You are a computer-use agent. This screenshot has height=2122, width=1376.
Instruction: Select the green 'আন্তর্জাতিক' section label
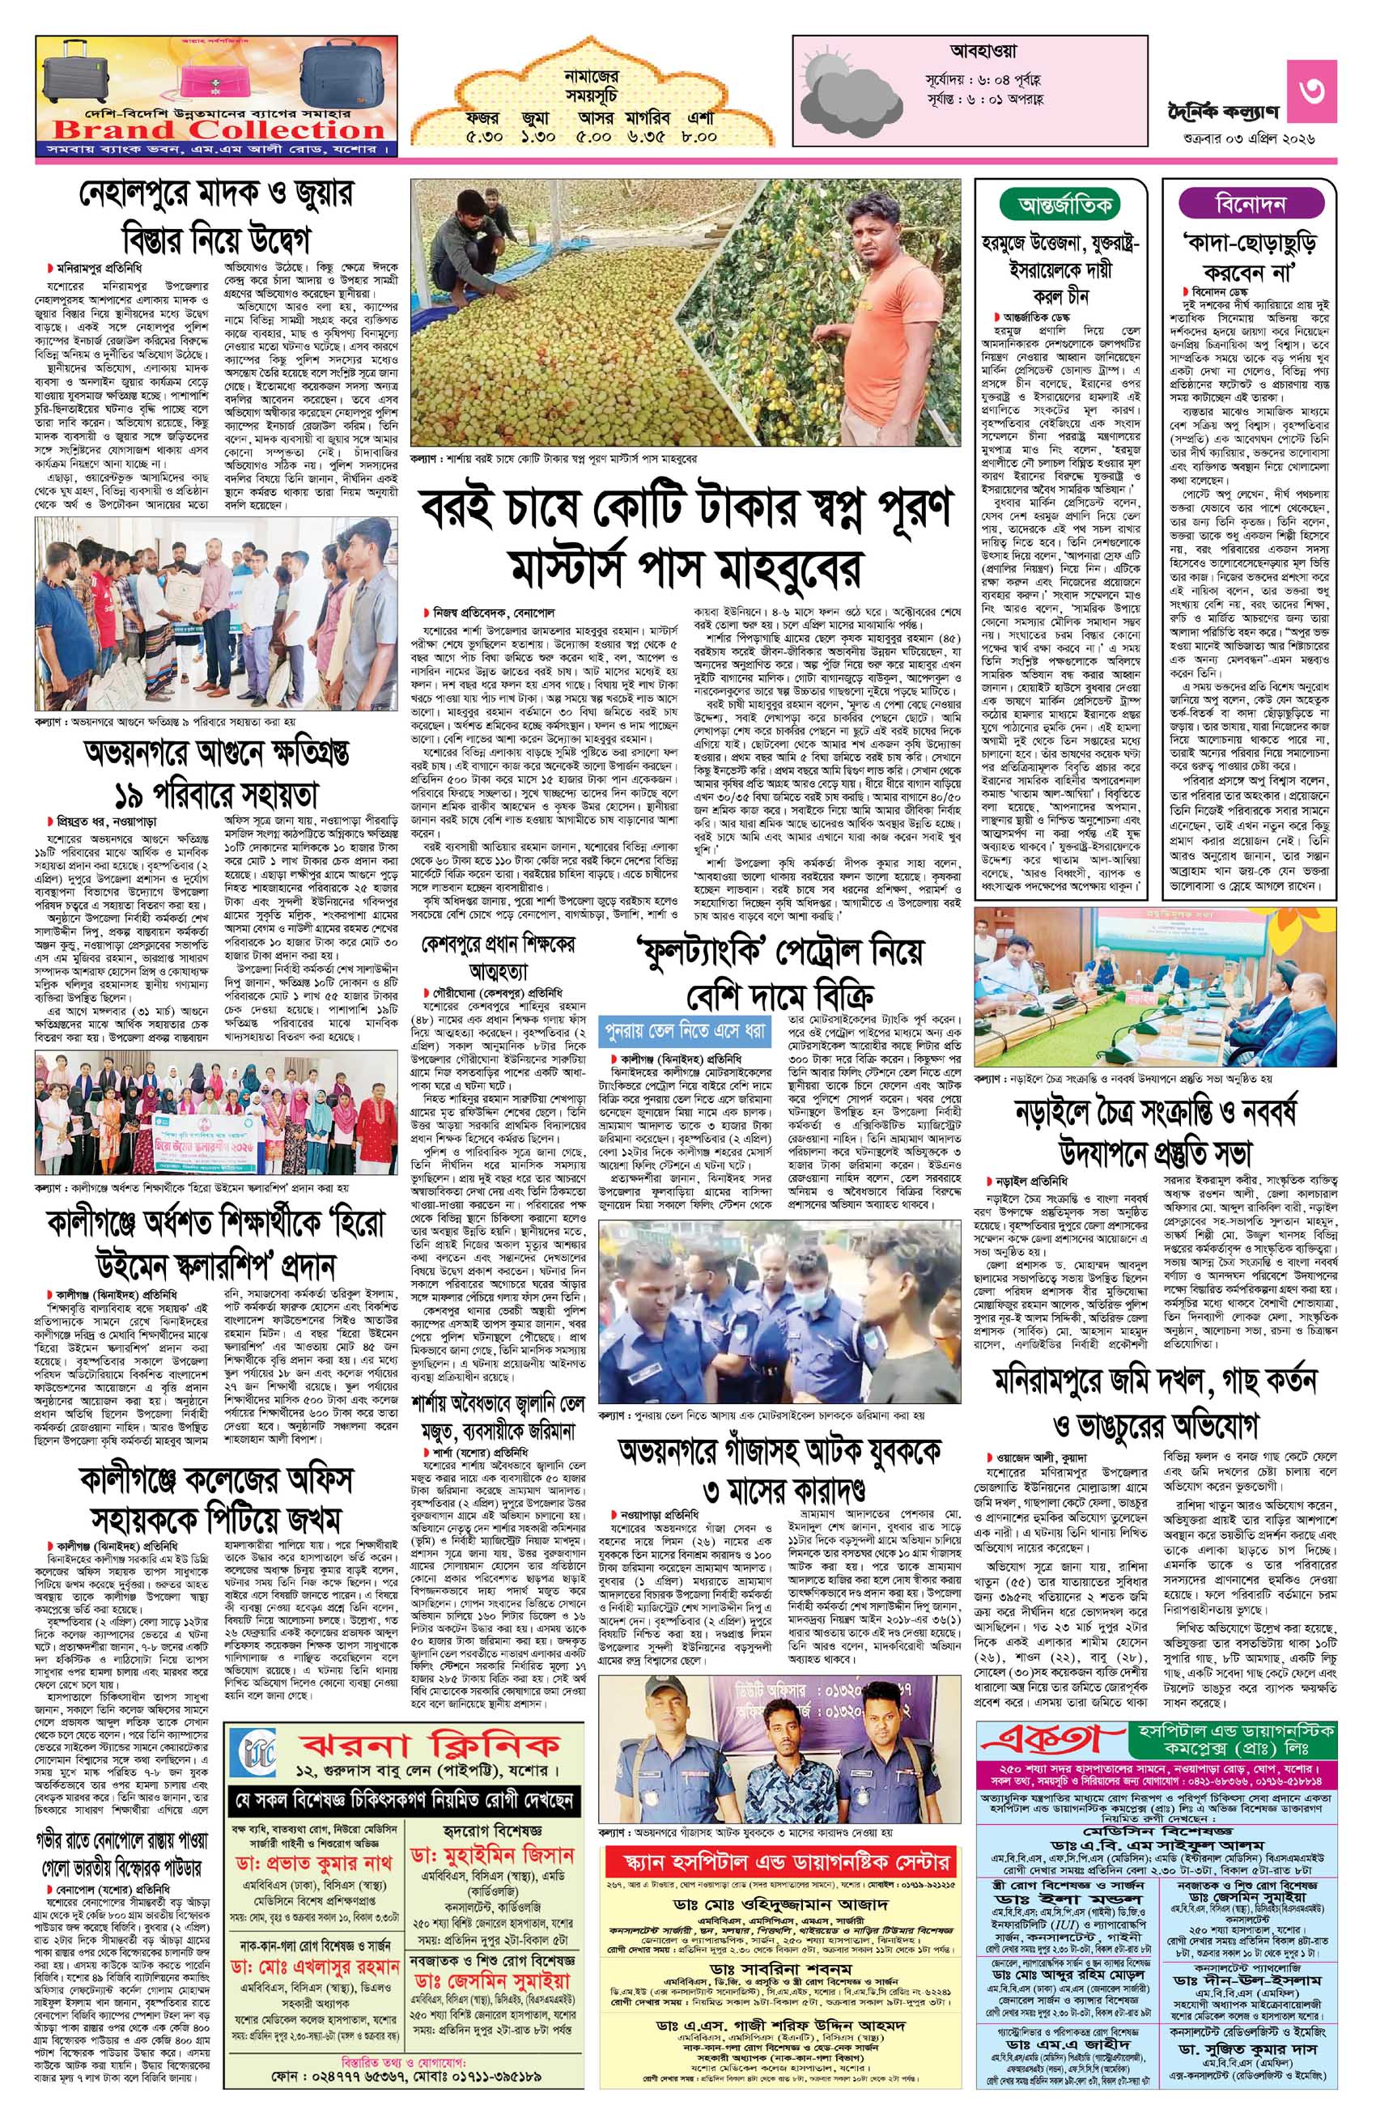coord(1066,205)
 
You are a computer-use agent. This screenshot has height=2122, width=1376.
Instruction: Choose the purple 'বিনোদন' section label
coord(1250,205)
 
